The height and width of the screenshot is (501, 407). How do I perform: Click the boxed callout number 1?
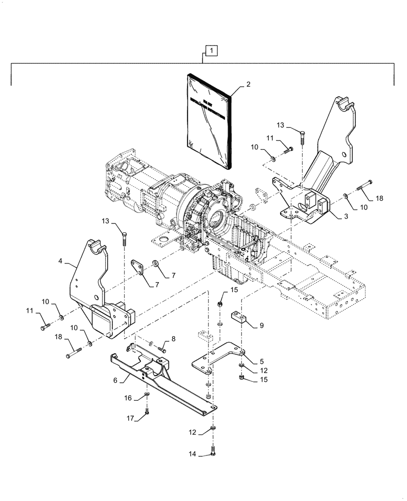[212, 50]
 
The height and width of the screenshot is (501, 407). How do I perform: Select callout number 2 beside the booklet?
[249, 86]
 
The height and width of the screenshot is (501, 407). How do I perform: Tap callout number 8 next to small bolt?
[174, 340]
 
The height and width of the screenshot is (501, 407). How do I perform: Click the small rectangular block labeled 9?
[240, 318]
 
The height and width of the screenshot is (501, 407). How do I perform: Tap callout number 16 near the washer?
[128, 398]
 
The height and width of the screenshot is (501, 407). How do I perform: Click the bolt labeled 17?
[146, 412]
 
